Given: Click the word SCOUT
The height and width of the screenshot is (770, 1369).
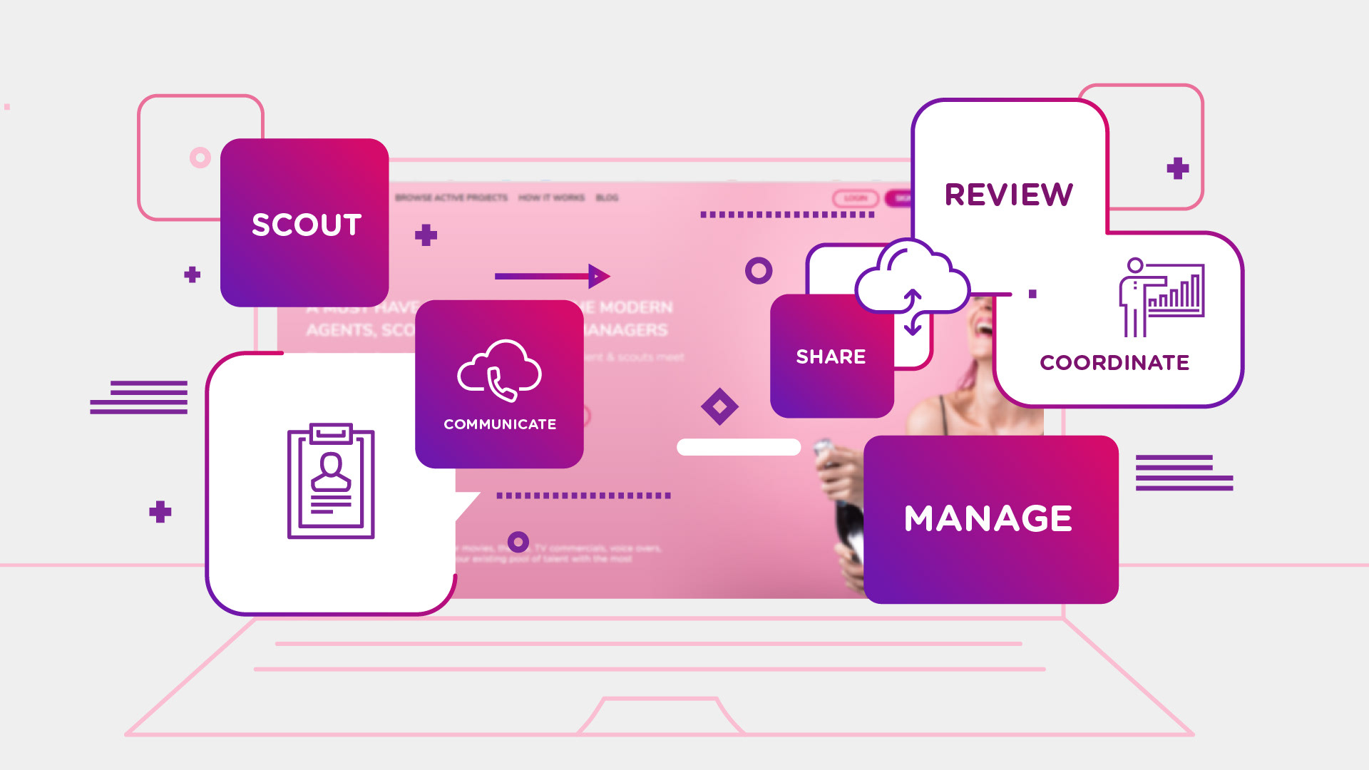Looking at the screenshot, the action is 307,225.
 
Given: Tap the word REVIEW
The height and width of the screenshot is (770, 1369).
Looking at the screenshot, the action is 1008,195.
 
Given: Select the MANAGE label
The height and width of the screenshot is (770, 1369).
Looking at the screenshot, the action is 988,518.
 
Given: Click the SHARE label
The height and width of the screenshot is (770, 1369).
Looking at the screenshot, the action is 831,356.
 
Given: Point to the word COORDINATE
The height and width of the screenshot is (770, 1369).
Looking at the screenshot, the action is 1114,362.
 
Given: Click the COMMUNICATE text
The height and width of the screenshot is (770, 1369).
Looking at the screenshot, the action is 500,424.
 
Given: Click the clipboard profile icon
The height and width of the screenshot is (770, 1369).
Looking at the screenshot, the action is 331,481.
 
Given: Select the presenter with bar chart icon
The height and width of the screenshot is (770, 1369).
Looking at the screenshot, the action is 1161,297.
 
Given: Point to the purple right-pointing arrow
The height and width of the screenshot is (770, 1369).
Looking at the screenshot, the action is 552,276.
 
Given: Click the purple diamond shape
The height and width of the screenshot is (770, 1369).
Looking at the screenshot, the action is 719,406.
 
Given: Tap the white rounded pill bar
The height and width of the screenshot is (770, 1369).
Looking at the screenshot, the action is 739,447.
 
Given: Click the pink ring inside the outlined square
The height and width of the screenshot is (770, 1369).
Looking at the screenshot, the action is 200,158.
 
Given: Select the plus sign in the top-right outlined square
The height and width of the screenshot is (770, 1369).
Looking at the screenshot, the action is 1178,168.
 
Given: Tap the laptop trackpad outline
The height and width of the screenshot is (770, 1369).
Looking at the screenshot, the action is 660,716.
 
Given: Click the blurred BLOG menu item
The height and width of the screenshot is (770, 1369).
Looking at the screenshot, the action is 607,197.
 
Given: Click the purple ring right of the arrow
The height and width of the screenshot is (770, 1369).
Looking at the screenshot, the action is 759,271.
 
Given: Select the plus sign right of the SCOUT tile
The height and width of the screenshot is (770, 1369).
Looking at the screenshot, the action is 426,235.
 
